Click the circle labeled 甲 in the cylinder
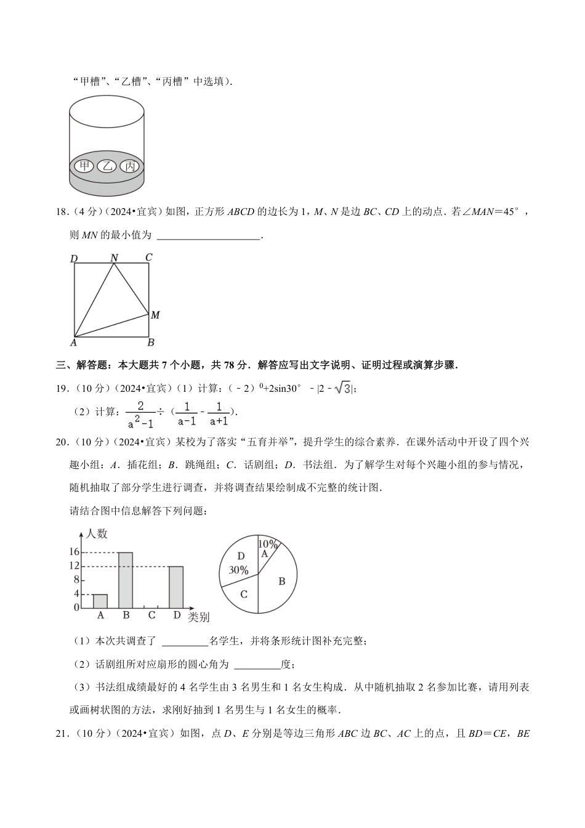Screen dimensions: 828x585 click(83, 166)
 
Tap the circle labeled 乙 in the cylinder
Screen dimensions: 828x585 click(107, 166)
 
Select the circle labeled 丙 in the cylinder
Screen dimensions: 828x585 click(129, 166)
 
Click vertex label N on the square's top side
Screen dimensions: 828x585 click(114, 258)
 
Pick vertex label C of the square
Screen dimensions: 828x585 click(148, 258)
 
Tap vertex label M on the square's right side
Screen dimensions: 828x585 click(155, 315)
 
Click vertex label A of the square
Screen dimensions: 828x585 click(73, 343)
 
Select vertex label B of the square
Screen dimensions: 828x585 click(150, 343)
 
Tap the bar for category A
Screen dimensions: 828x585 click(100, 601)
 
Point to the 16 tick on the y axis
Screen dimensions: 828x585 click(75, 552)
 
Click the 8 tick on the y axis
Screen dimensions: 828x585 click(77, 580)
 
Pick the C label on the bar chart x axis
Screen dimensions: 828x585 click(151, 615)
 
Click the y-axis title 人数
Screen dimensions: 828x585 click(97, 534)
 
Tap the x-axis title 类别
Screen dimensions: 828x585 click(198, 617)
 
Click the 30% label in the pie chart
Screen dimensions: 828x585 click(238, 570)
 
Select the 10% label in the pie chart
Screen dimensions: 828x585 click(267, 544)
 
